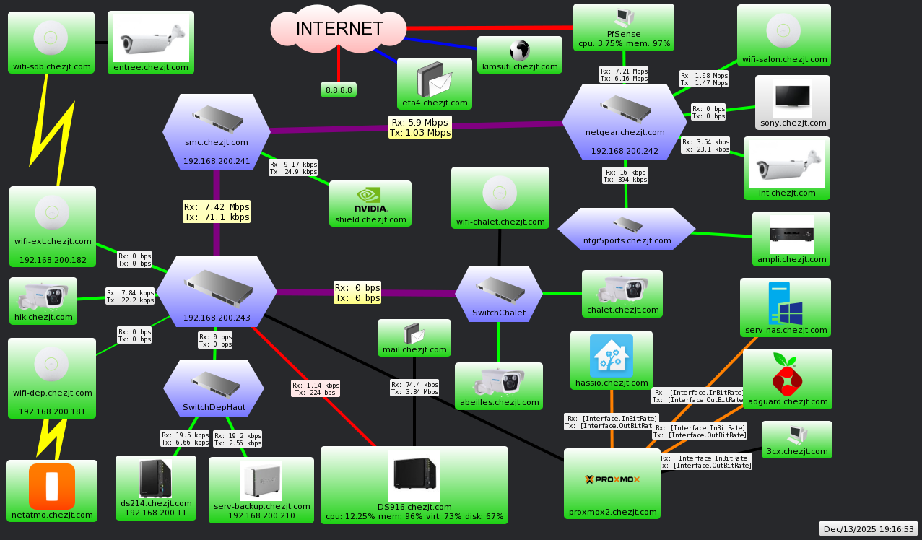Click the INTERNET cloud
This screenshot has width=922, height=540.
[x=339, y=29]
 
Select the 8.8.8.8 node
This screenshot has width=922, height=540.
[x=339, y=90]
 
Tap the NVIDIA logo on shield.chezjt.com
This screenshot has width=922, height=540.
[x=370, y=199]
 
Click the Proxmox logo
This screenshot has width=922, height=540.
[x=612, y=479]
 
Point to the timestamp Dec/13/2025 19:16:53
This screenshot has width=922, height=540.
[x=869, y=529]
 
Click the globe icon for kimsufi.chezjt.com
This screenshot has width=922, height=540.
[x=519, y=50]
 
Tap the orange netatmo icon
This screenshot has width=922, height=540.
[x=51, y=486]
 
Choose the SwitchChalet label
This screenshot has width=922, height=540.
[x=498, y=313]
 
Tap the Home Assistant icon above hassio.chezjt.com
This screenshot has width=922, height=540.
[x=612, y=355]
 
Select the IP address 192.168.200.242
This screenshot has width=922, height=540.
[x=625, y=151]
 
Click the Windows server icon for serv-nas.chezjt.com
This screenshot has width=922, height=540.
[x=786, y=303]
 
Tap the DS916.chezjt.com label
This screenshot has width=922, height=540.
[x=414, y=507]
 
